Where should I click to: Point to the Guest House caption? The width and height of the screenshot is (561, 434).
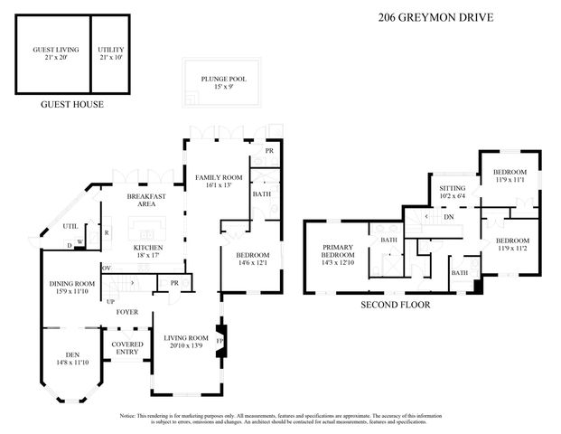pos(71,104)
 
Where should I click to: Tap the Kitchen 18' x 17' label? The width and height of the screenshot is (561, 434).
pos(147,250)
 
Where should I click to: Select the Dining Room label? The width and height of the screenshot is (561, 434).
pos(72,288)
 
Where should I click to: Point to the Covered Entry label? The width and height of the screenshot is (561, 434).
pos(127,348)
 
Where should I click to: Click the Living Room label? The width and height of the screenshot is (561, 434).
pos(187,342)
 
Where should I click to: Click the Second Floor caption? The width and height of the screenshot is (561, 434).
pos(396,305)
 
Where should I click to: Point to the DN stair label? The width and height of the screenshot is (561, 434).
pos(448,217)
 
